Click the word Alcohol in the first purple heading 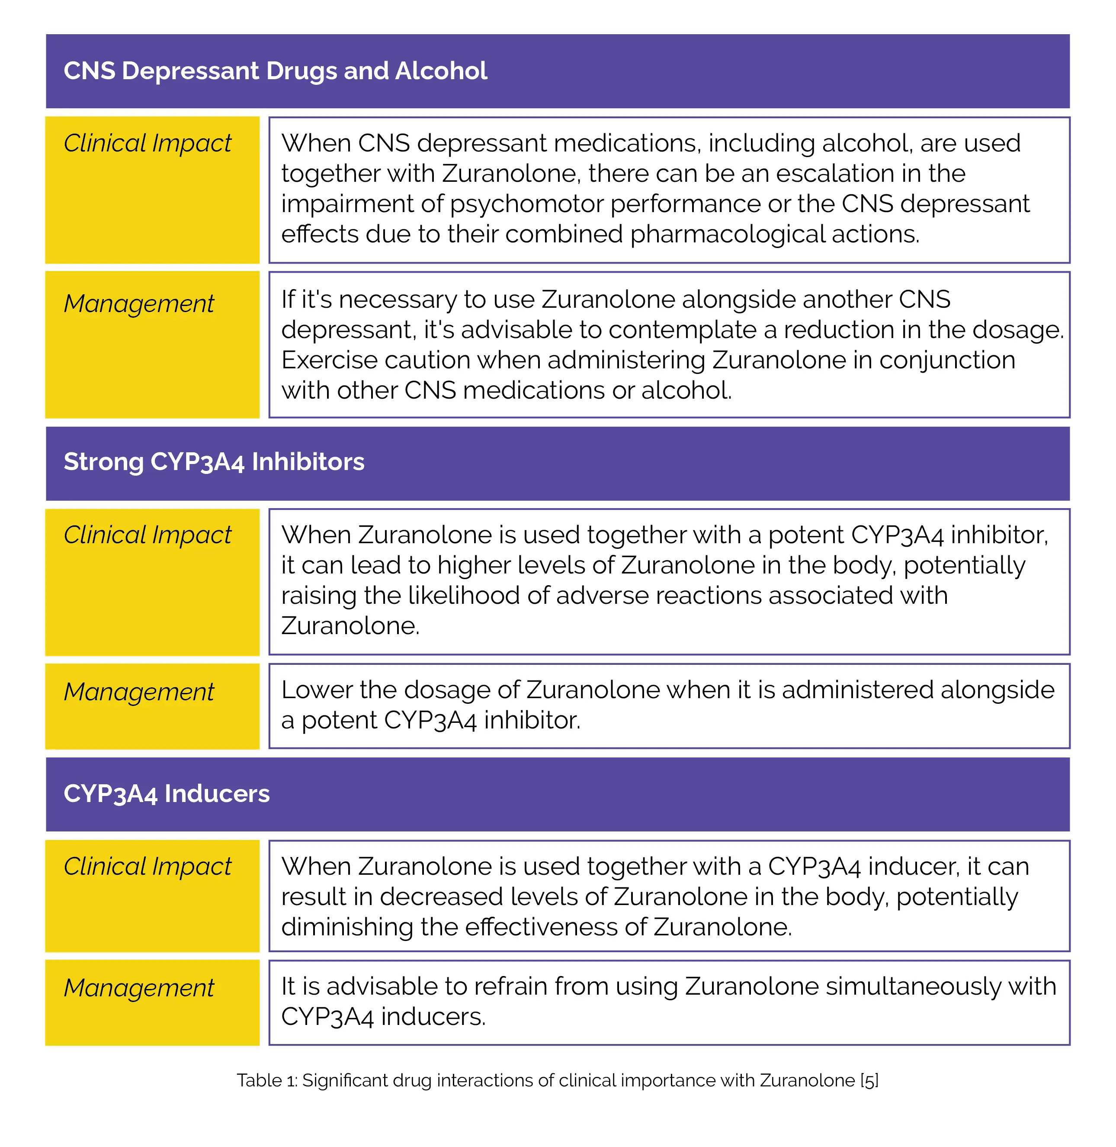coord(441,71)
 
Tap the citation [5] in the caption coord(869,1080)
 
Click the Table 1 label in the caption coord(267,1080)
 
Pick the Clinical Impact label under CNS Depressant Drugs coord(147,143)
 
